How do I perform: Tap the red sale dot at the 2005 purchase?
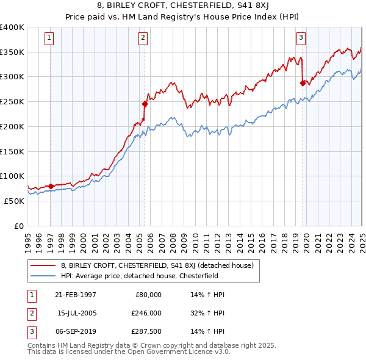(x=145, y=104)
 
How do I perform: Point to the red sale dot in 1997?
(x=51, y=186)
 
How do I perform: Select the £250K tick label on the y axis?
(x=12, y=102)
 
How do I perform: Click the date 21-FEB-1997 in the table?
(x=75, y=295)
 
